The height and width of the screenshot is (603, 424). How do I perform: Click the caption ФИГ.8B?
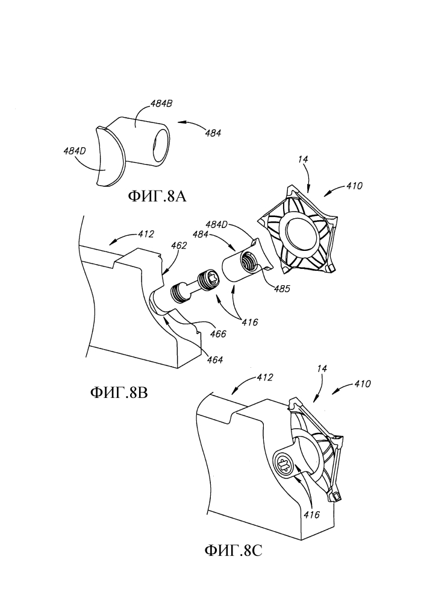119,393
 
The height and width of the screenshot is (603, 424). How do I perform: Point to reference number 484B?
161,104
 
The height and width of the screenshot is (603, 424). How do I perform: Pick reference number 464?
214,360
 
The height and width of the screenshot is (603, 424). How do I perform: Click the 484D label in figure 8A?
75,151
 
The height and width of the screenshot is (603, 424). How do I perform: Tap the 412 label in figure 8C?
264,377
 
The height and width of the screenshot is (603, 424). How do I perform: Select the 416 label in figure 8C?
311,514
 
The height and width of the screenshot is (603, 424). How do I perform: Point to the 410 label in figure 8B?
354,186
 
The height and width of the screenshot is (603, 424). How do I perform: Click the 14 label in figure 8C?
322,368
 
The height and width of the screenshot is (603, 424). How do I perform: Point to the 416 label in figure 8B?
249,321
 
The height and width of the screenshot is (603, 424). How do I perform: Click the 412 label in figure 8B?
146,234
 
